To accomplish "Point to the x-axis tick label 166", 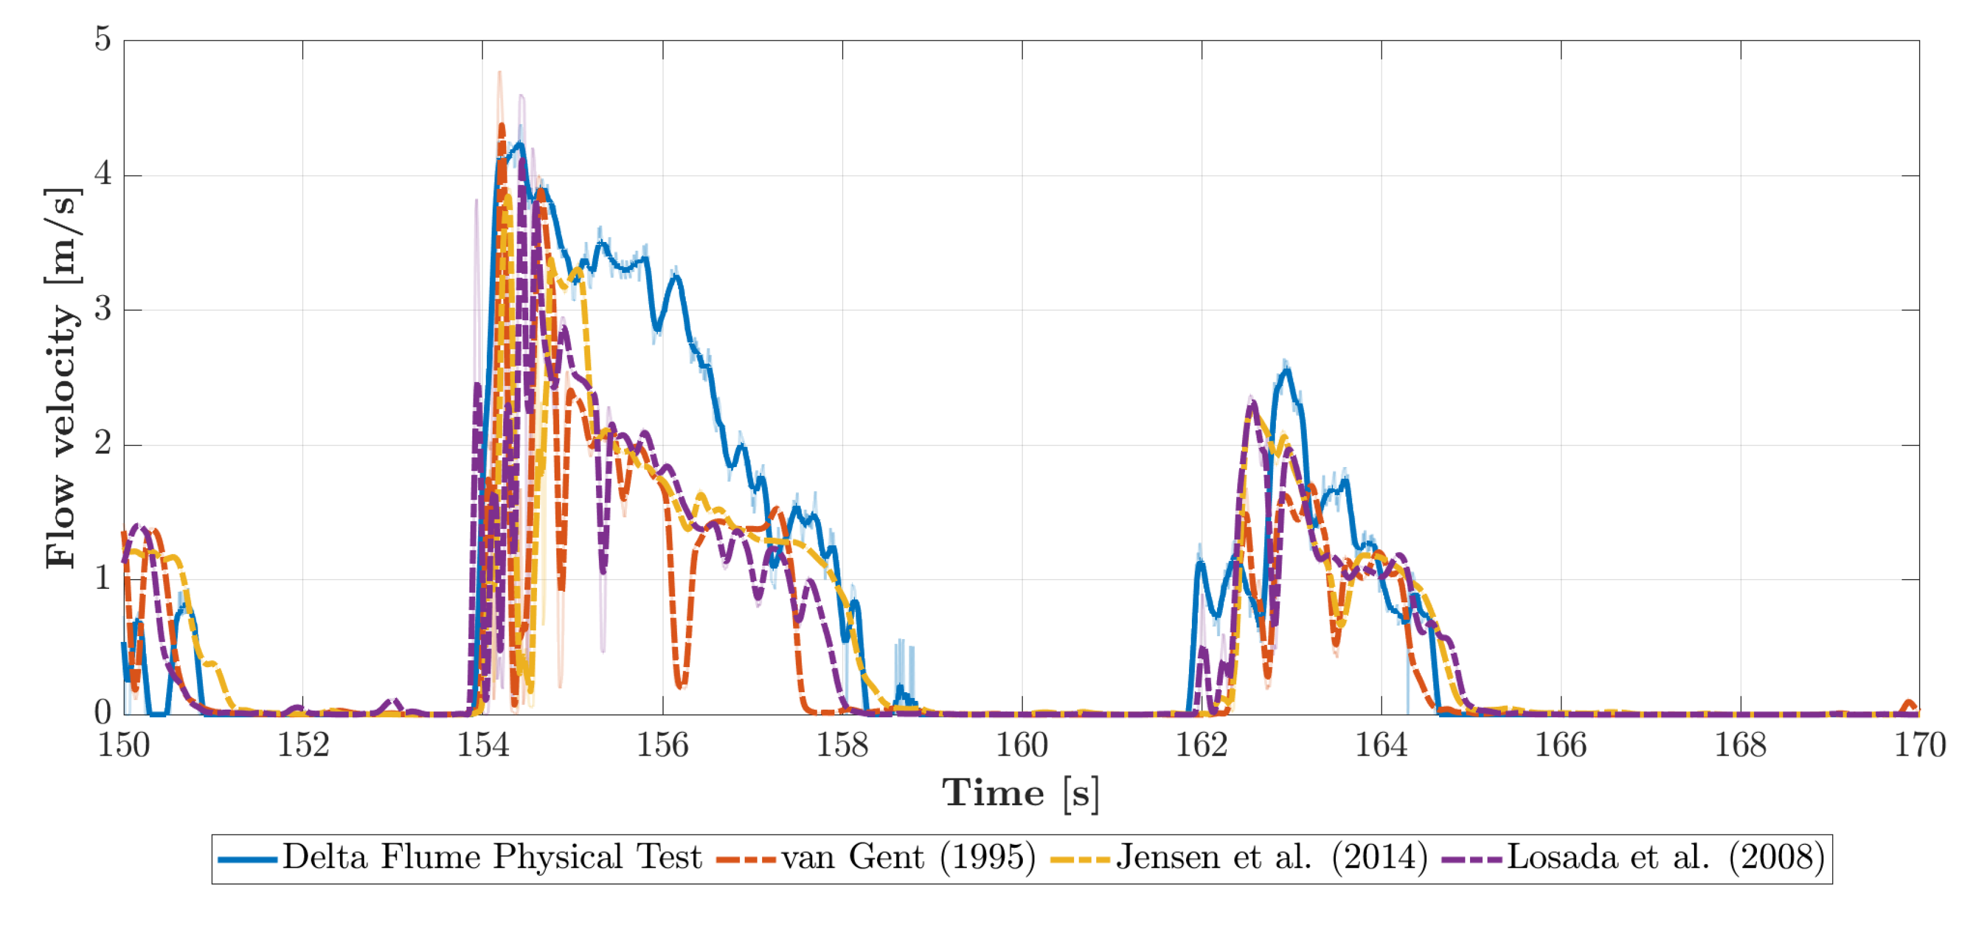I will point(1560,745).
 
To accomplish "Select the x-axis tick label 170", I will point(1920,745).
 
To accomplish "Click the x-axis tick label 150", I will point(123,745).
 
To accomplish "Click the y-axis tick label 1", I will point(102,578).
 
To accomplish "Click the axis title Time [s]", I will point(1021,793).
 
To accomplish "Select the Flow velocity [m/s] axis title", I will point(62,377).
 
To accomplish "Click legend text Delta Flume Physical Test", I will point(492,857).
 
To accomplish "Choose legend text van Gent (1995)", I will point(908,857).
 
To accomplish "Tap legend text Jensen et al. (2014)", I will point(1271,857).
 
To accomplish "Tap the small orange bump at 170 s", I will point(1910,703).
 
